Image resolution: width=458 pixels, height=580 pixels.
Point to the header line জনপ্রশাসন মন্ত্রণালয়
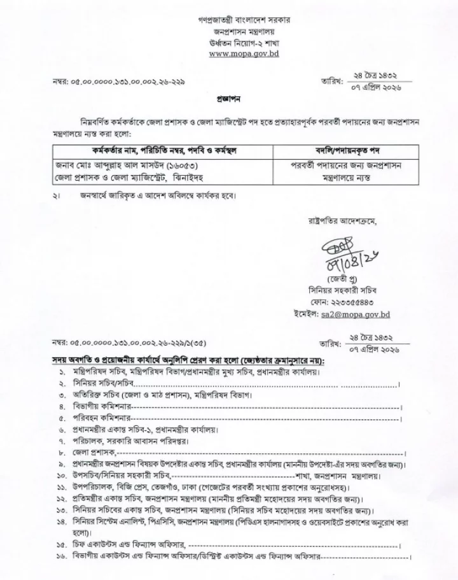(243, 32)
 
